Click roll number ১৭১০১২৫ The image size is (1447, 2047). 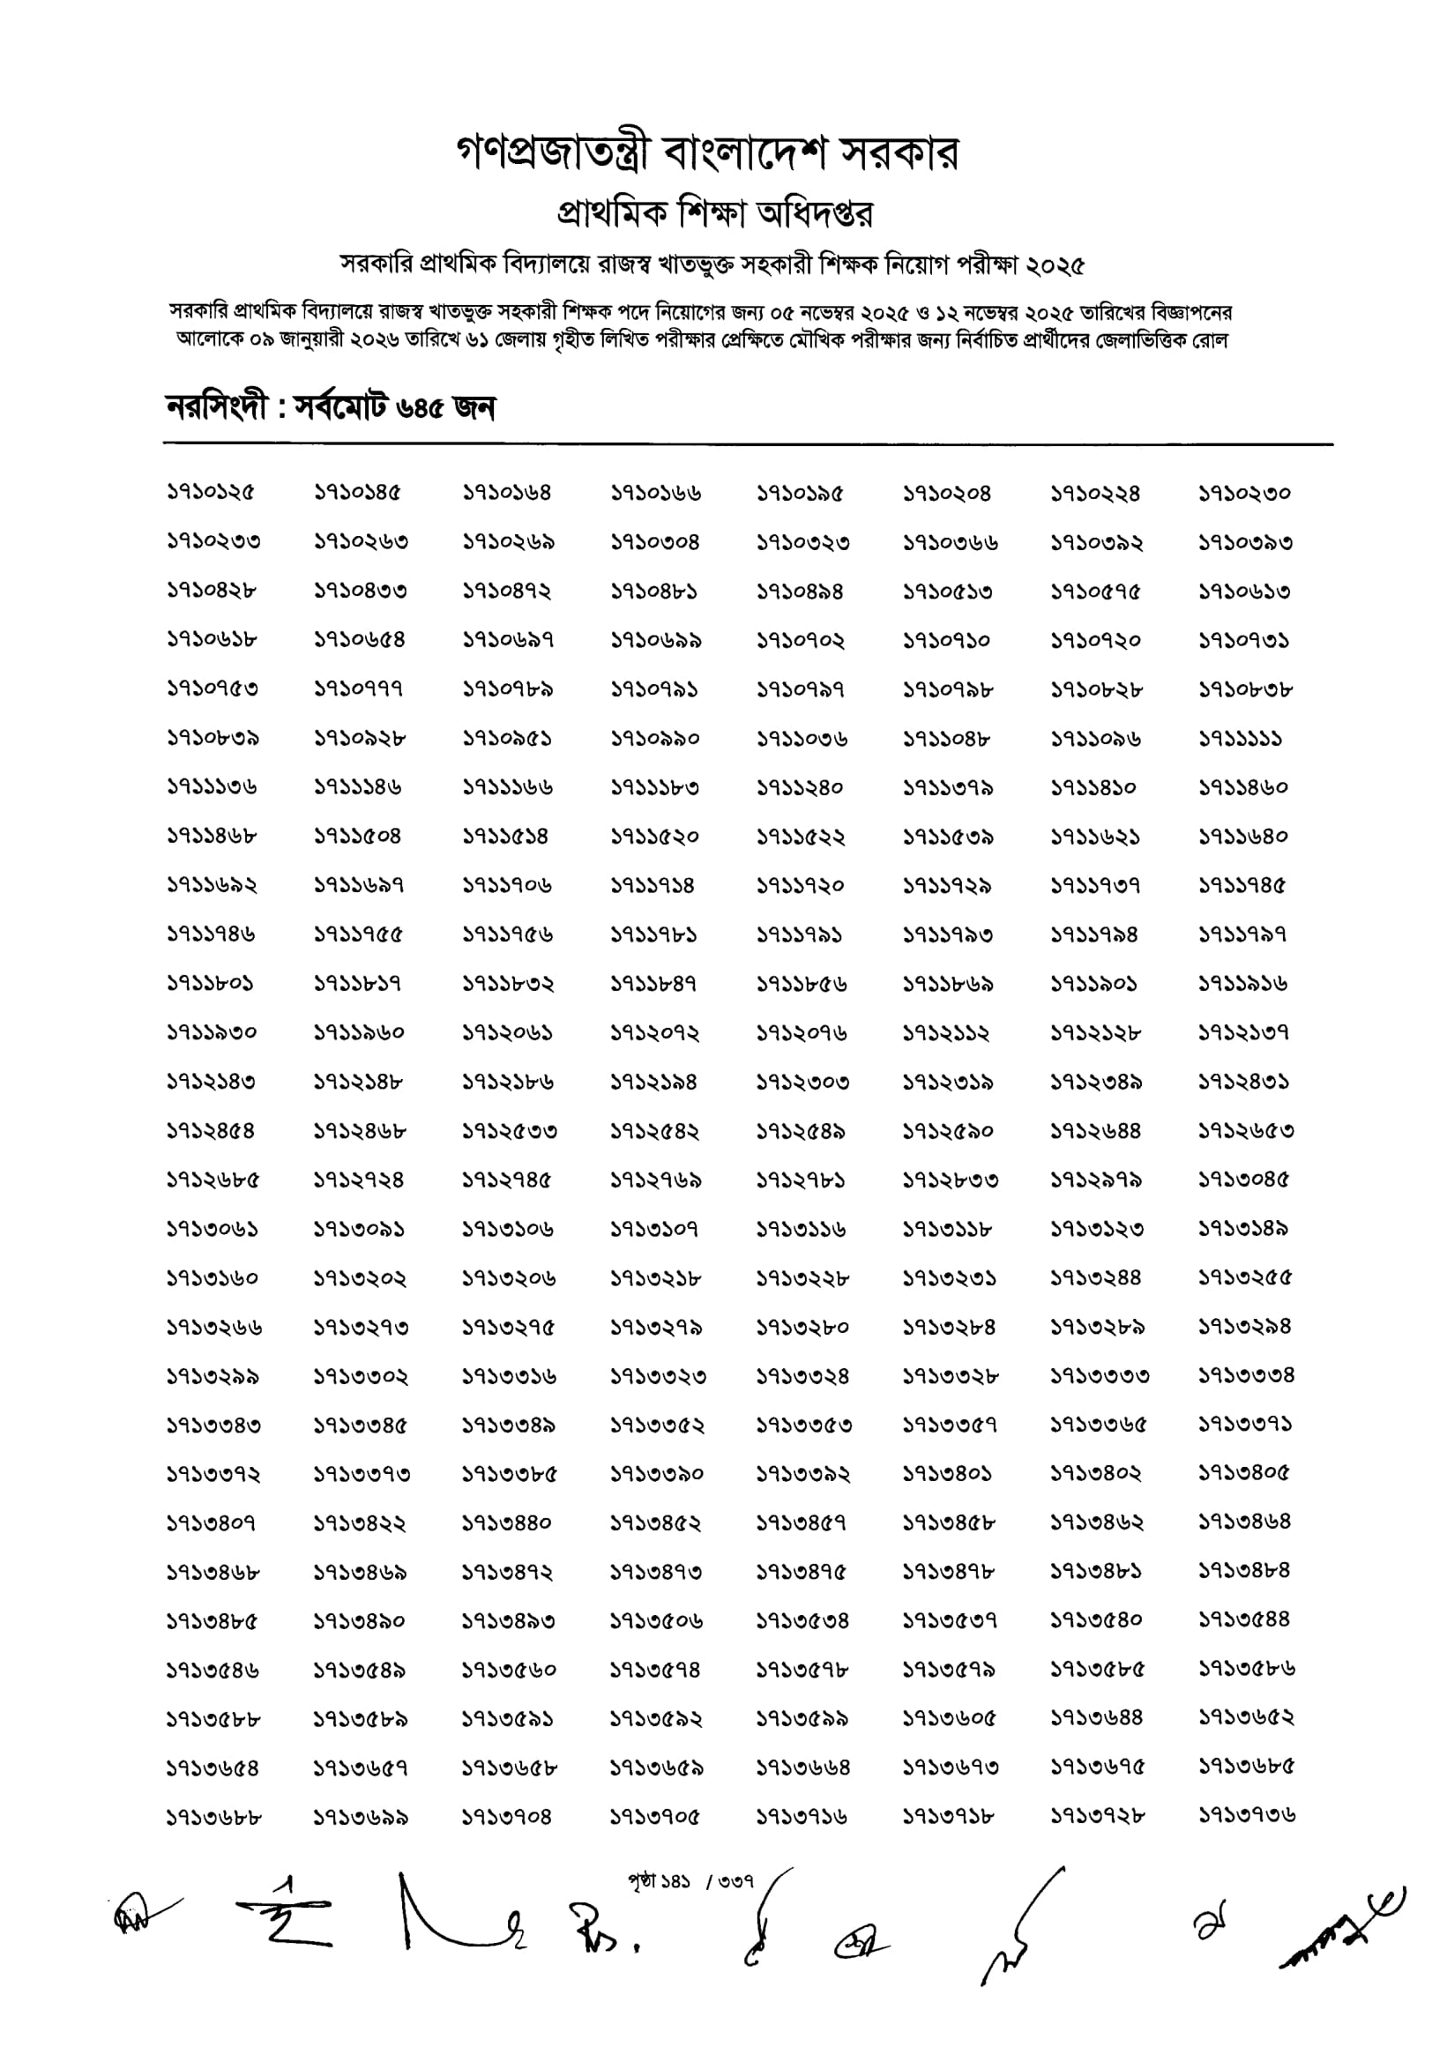click(x=211, y=493)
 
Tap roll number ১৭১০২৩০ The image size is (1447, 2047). click(x=1243, y=493)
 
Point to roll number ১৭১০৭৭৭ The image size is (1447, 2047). click(x=358, y=689)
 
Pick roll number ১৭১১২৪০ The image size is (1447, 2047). click(x=800, y=788)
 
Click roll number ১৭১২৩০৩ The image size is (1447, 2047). click(x=802, y=1083)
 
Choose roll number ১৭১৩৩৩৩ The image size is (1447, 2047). click(x=1099, y=1376)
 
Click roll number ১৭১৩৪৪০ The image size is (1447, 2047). click(x=506, y=1523)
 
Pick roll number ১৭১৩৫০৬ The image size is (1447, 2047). click(x=655, y=1621)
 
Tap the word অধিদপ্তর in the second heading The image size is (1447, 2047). click(x=814, y=214)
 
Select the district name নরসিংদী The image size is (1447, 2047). click(x=217, y=408)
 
